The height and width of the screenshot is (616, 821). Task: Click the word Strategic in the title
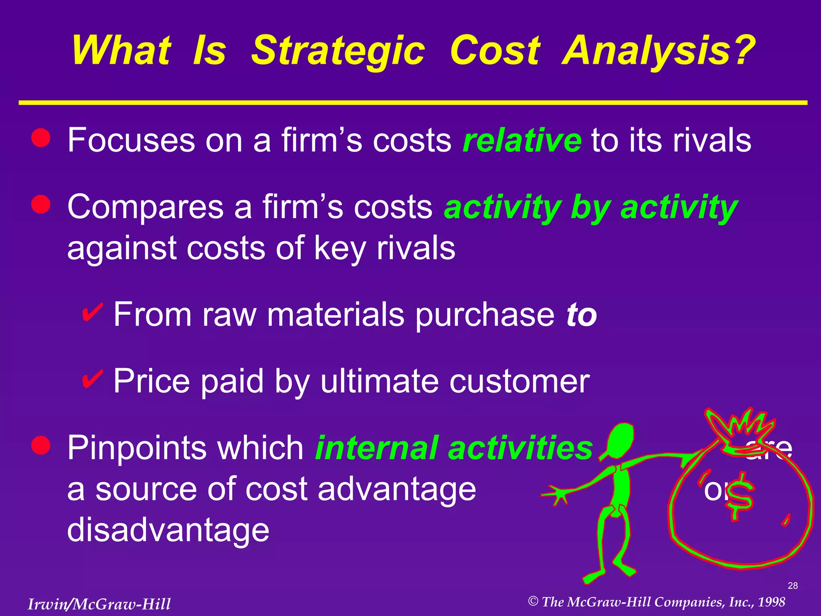[x=338, y=51]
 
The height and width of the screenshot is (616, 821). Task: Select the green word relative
[x=522, y=140]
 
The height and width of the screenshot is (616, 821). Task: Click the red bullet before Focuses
[x=41, y=138]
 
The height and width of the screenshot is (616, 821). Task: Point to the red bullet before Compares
[x=41, y=205]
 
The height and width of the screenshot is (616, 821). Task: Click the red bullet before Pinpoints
[x=41, y=446]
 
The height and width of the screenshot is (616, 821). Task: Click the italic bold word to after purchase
[x=581, y=314]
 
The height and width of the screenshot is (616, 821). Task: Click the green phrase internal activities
[x=454, y=448]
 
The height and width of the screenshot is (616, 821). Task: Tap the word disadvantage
[x=168, y=530]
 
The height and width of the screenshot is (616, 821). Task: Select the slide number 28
[x=793, y=586]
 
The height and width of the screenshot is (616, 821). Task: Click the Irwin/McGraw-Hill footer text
[x=99, y=604]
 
